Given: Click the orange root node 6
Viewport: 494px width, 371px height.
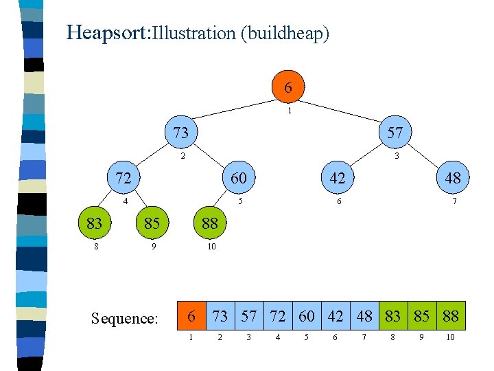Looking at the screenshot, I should (287, 87).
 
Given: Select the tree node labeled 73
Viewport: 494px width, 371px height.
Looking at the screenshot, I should (180, 133).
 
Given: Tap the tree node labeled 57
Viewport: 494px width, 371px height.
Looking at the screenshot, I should (395, 133).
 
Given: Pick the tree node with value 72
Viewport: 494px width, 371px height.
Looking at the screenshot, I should (123, 178).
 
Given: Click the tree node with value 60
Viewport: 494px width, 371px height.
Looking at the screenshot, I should (238, 178).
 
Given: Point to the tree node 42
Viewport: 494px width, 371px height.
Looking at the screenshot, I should (337, 178).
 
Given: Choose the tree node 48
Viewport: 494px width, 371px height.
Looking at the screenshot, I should (452, 178).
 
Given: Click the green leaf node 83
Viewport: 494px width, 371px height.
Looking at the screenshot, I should (94, 223).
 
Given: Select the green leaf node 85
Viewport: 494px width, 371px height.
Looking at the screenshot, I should (152, 223).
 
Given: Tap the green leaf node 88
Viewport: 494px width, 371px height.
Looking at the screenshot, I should (209, 223).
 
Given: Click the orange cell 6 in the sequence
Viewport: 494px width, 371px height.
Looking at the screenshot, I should (192, 316).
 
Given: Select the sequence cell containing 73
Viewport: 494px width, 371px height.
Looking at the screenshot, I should (221, 316).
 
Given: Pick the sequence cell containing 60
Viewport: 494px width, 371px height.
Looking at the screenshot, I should (307, 316).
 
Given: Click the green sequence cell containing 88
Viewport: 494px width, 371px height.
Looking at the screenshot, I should (451, 316).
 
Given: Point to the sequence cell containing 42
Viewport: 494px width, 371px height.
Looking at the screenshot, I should (336, 316).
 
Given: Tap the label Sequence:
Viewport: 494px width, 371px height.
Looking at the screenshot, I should (125, 319).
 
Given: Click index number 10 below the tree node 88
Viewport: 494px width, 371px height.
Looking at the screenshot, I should (211, 246).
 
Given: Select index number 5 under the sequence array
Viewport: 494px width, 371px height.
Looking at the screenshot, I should (307, 337).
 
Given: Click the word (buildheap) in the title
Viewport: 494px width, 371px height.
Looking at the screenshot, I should (285, 33).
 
